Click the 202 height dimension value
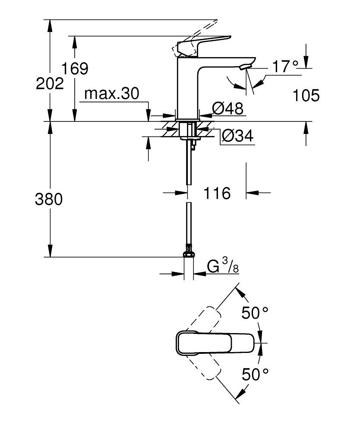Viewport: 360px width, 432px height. (x=50, y=83)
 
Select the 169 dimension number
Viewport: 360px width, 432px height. (x=74, y=68)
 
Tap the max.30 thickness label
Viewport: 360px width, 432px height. (x=112, y=94)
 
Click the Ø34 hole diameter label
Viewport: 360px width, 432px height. (x=237, y=136)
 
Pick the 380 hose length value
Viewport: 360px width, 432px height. (x=49, y=200)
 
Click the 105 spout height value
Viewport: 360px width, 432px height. (x=306, y=95)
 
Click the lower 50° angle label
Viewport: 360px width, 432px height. (x=255, y=374)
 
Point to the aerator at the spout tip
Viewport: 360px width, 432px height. (x=244, y=66)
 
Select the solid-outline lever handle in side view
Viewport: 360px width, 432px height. (x=203, y=45)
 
